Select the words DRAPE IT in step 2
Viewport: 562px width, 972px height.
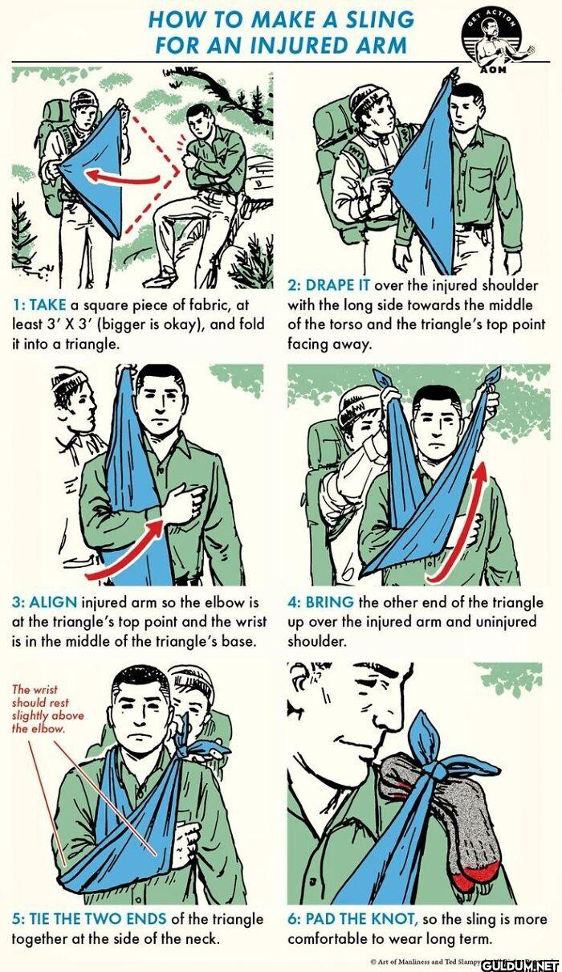click(x=337, y=285)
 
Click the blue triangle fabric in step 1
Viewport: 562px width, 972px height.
click(x=95, y=169)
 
